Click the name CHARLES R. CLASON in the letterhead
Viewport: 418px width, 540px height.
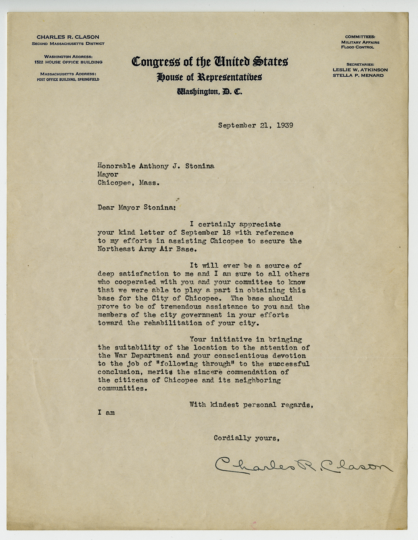click(68, 37)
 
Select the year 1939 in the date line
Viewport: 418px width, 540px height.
click(285, 125)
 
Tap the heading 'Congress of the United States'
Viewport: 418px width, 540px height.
click(209, 62)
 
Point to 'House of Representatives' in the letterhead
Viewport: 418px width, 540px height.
click(209, 77)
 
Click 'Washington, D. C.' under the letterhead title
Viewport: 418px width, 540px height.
click(209, 91)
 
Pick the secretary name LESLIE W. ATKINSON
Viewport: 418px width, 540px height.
click(360, 70)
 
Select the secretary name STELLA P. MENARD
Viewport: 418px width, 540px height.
click(358, 76)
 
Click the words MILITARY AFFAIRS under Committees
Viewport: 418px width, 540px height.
click(360, 42)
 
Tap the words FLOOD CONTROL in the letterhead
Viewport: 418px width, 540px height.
click(357, 47)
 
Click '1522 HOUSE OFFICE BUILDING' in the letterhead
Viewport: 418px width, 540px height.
click(68, 62)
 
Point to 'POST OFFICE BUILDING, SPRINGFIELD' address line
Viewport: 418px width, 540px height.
click(68, 79)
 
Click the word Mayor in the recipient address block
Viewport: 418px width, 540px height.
click(108, 175)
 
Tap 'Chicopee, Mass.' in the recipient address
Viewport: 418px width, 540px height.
click(128, 183)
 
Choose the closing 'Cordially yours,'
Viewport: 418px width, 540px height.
click(246, 438)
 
